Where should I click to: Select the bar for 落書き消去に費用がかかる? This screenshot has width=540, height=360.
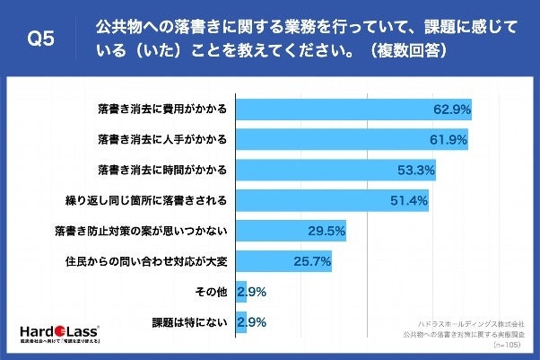coord(353,110)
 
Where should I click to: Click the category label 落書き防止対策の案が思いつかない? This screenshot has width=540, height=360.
coord(141,231)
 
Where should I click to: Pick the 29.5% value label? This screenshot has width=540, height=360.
coord(328,231)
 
